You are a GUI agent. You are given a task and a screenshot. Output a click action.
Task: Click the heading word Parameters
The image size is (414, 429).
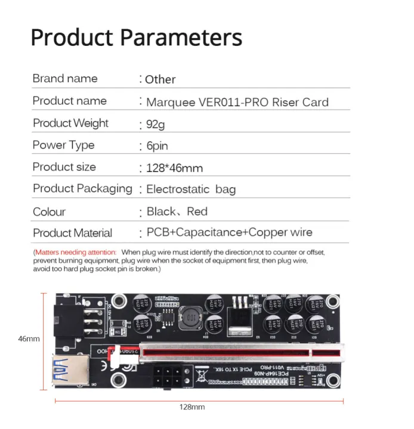181,37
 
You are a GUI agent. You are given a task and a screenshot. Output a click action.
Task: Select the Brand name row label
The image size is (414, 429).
65,79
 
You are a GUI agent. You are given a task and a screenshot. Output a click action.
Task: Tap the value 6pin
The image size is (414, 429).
157,146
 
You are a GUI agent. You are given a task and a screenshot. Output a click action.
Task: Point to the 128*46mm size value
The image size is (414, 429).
174,168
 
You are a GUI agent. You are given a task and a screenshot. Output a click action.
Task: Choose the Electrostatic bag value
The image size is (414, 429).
191,189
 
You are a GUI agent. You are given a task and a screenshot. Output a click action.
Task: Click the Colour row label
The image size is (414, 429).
49,212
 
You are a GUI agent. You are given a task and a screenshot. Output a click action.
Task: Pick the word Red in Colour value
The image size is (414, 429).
197,212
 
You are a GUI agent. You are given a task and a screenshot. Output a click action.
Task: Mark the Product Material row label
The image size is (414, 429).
72,233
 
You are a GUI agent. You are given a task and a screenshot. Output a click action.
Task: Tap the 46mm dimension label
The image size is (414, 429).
29,339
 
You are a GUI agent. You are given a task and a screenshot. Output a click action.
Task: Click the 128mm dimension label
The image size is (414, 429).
192,407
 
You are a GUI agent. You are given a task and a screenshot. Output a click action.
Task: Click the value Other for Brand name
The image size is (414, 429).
160,79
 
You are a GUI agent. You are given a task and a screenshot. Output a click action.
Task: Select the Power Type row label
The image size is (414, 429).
63,145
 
